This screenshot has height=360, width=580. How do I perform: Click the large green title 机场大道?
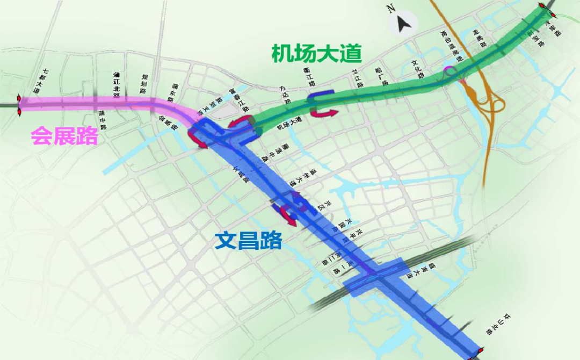pos(316,54)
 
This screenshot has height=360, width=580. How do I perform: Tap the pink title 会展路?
pos(64,135)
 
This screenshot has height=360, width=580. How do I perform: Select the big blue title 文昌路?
pos(248,241)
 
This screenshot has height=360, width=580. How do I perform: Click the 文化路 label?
pos(417,69)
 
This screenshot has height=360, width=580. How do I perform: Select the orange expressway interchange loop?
pos(491,102)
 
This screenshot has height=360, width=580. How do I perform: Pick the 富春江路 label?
pos(239,99)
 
